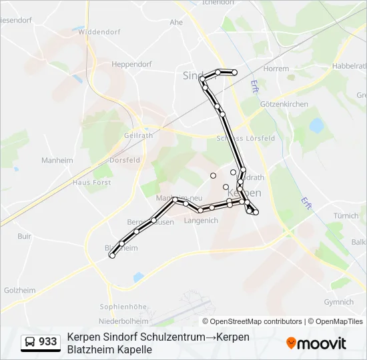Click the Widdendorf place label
click(97, 31)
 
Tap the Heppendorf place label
click(132, 65)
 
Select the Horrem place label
click(276, 69)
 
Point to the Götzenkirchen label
click(284, 105)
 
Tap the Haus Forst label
click(91, 182)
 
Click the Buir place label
click(25, 236)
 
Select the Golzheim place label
click(20, 290)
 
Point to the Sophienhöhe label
click(123, 307)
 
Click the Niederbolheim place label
click(123, 321)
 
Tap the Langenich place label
click(201, 221)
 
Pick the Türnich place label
click(346, 216)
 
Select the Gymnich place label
click(339, 302)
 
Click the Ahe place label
click(176, 22)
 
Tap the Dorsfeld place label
click(125, 160)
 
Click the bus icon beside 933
click(30, 342)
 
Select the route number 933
click(48, 342)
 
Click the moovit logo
click(316, 343)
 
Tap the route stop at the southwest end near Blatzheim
click(112, 256)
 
